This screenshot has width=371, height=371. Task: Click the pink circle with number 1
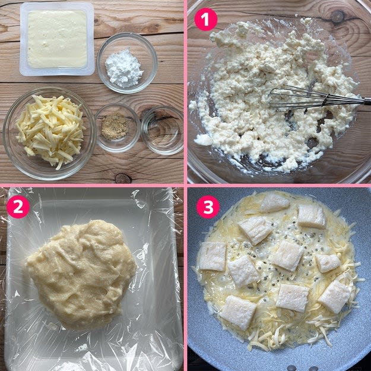(x=205, y=20)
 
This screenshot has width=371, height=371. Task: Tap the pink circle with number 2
(x=18, y=207)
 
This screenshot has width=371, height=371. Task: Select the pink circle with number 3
(x=208, y=207)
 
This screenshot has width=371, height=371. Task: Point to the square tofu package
(x=57, y=39)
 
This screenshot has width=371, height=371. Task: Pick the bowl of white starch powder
(x=127, y=63)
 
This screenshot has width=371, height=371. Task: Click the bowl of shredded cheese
(x=49, y=133)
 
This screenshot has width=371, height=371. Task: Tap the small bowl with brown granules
(x=118, y=128)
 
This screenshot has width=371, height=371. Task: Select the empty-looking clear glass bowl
(x=163, y=131)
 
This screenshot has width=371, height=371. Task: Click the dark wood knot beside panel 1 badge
(x=337, y=17)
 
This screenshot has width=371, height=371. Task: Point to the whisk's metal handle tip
(x=368, y=100)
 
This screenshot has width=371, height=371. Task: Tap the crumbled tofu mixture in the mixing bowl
(x=272, y=94)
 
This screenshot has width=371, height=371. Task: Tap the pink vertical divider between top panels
(x=185, y=92)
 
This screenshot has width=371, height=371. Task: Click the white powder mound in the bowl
(x=123, y=68)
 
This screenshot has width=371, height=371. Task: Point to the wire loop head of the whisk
(x=298, y=97)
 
